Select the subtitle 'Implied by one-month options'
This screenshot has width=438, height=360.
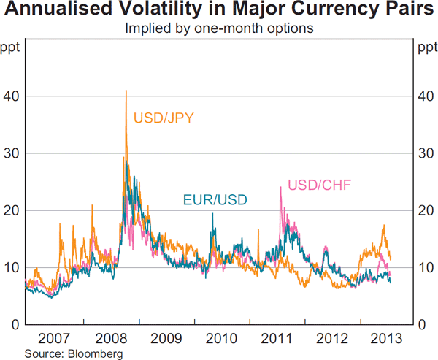pos(219,29)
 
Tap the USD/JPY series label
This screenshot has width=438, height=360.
pos(163,117)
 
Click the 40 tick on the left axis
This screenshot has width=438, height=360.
pos(11,96)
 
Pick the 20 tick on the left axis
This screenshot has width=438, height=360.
pos(11,210)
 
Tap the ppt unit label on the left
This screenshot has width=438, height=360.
pos(11,48)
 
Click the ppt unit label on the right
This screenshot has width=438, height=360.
pos(426,48)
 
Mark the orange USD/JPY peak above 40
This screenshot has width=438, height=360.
pos(126,91)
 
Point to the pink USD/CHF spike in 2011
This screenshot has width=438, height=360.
pos(281,188)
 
